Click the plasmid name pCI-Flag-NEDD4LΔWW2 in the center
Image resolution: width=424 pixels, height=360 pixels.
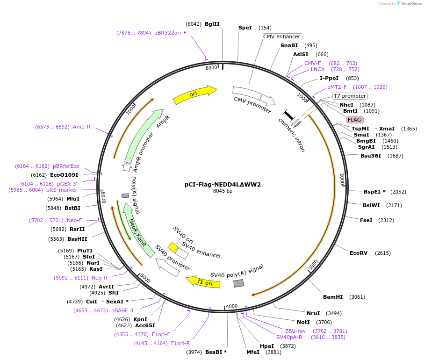(223, 184)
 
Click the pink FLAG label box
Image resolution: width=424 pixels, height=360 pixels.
(354, 120)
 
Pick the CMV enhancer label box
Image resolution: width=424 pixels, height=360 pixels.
(281, 36)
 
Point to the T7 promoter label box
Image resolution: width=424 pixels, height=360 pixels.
(349, 96)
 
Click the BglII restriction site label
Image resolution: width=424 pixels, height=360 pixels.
(212, 24)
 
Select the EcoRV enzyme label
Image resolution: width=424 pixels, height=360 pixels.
(359, 253)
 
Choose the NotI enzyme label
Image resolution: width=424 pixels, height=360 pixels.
(303, 322)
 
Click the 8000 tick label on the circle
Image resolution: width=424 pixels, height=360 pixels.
(212, 67)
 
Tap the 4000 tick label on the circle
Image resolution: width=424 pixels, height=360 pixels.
(232, 307)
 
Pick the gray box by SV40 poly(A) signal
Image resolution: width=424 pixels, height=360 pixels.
(238, 283)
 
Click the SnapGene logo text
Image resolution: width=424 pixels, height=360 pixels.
(410, 4)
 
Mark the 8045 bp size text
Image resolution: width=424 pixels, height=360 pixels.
(223, 191)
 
